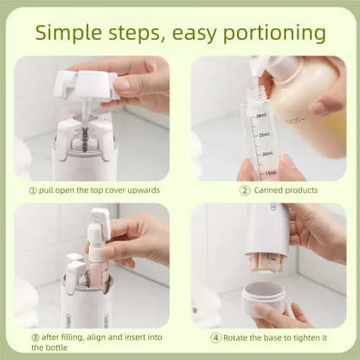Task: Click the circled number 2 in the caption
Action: pyautogui.click(x=245, y=190)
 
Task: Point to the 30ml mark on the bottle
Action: pyautogui.click(x=260, y=116)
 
